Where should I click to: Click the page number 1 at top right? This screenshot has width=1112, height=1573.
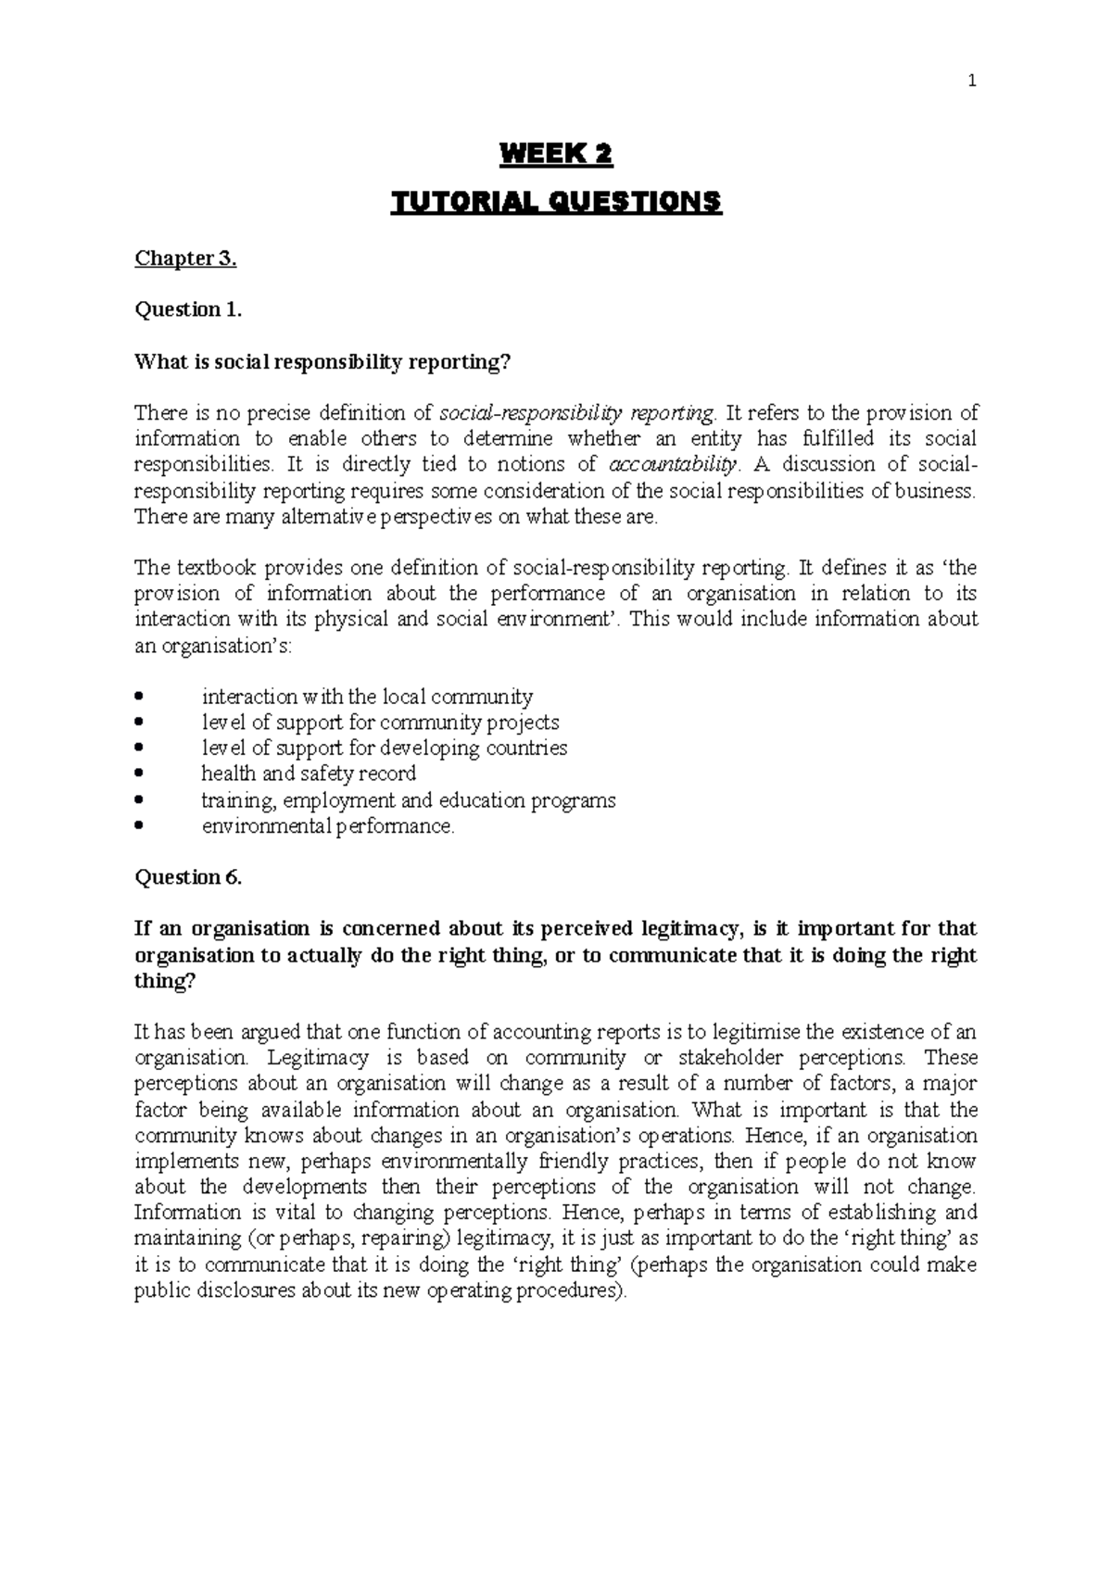point(971,82)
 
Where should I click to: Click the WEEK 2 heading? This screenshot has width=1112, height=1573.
point(556,155)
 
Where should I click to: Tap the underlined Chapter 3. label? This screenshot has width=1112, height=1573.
point(185,258)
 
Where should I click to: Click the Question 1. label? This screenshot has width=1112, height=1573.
point(188,309)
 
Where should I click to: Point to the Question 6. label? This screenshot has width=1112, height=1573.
point(188,877)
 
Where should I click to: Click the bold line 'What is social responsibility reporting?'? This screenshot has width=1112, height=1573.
point(322,361)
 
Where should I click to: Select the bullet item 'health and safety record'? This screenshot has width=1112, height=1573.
point(309,774)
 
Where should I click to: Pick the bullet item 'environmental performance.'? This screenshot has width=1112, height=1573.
point(328,825)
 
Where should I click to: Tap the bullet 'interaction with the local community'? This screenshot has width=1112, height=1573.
point(367,697)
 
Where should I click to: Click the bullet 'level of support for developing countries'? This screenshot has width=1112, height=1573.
point(385,748)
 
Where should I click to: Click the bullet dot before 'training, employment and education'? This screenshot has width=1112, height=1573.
point(140,799)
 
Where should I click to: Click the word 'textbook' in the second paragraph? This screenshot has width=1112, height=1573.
point(206,568)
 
